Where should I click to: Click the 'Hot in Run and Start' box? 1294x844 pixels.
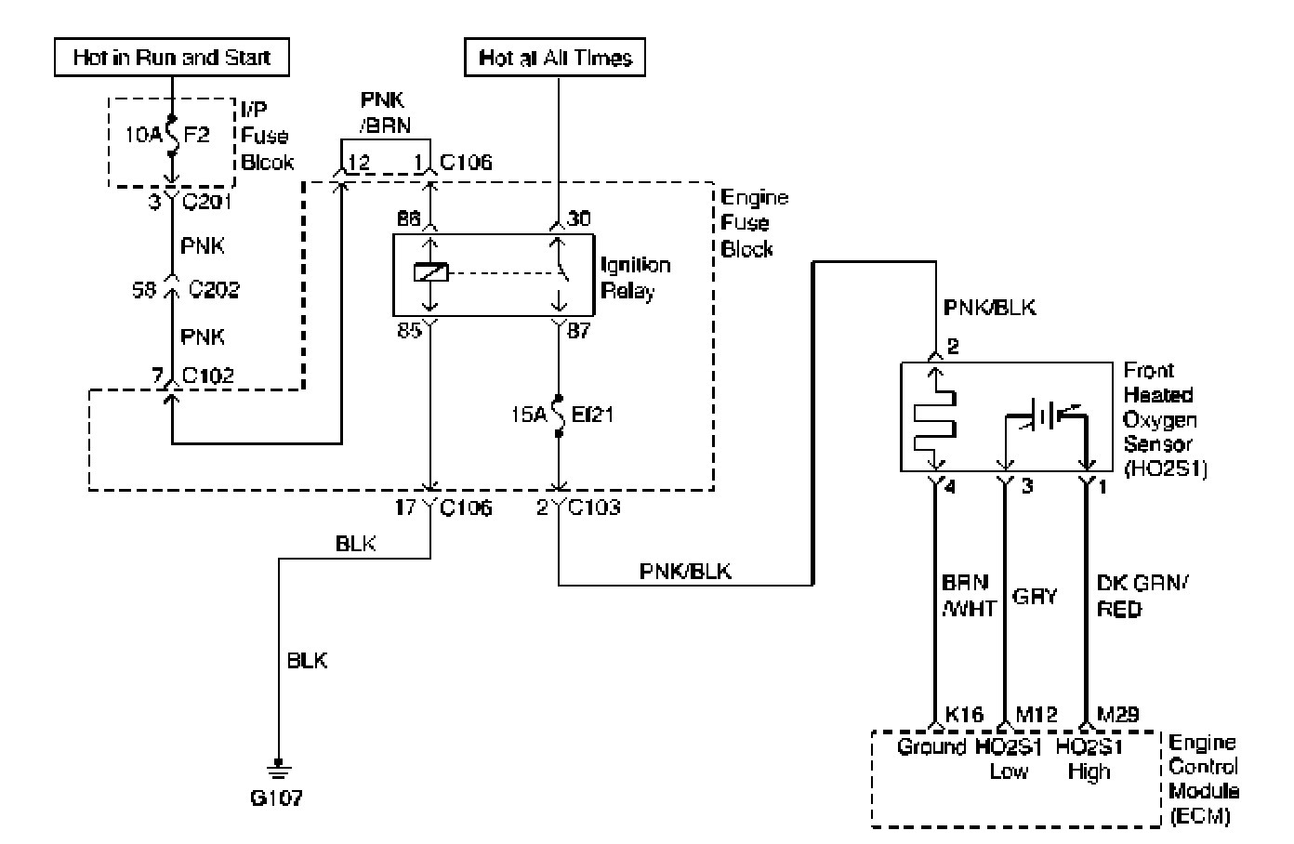coord(172,58)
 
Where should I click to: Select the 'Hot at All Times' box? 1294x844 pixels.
coord(555,58)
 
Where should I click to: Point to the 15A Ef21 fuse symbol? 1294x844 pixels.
coord(558,415)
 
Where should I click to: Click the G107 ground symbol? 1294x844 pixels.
coord(279,770)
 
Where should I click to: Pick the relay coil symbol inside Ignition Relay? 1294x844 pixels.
coord(431,272)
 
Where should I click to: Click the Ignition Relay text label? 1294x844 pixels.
coord(636,278)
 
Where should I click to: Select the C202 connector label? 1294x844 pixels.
coord(214,289)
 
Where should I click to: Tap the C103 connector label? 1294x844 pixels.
coord(594,508)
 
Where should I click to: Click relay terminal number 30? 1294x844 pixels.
coord(579,218)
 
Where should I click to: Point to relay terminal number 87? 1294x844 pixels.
coord(579,331)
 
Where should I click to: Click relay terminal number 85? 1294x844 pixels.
coord(409,331)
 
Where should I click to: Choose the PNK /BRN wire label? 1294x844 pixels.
coord(385,112)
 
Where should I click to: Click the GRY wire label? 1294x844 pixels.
coord(1034,596)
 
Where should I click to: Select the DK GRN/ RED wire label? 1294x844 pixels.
coord(1142,596)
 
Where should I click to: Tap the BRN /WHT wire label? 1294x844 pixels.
coord(969,596)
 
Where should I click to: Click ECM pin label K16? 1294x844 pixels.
coord(964,715)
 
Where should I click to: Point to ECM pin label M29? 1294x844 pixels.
coord(1117,715)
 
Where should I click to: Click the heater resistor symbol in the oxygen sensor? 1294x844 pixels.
coord(934,420)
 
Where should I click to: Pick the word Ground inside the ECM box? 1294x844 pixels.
coord(931,747)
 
